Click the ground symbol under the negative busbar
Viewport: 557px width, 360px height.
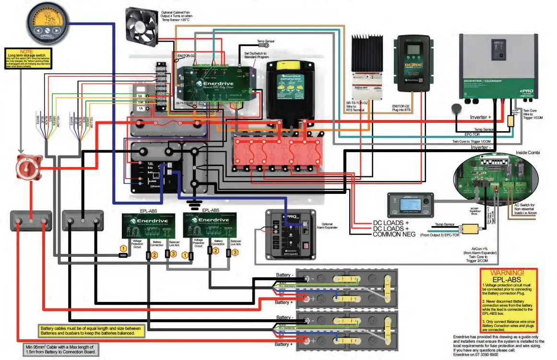tap(194, 205)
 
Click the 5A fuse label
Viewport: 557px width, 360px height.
tap(140, 96)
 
